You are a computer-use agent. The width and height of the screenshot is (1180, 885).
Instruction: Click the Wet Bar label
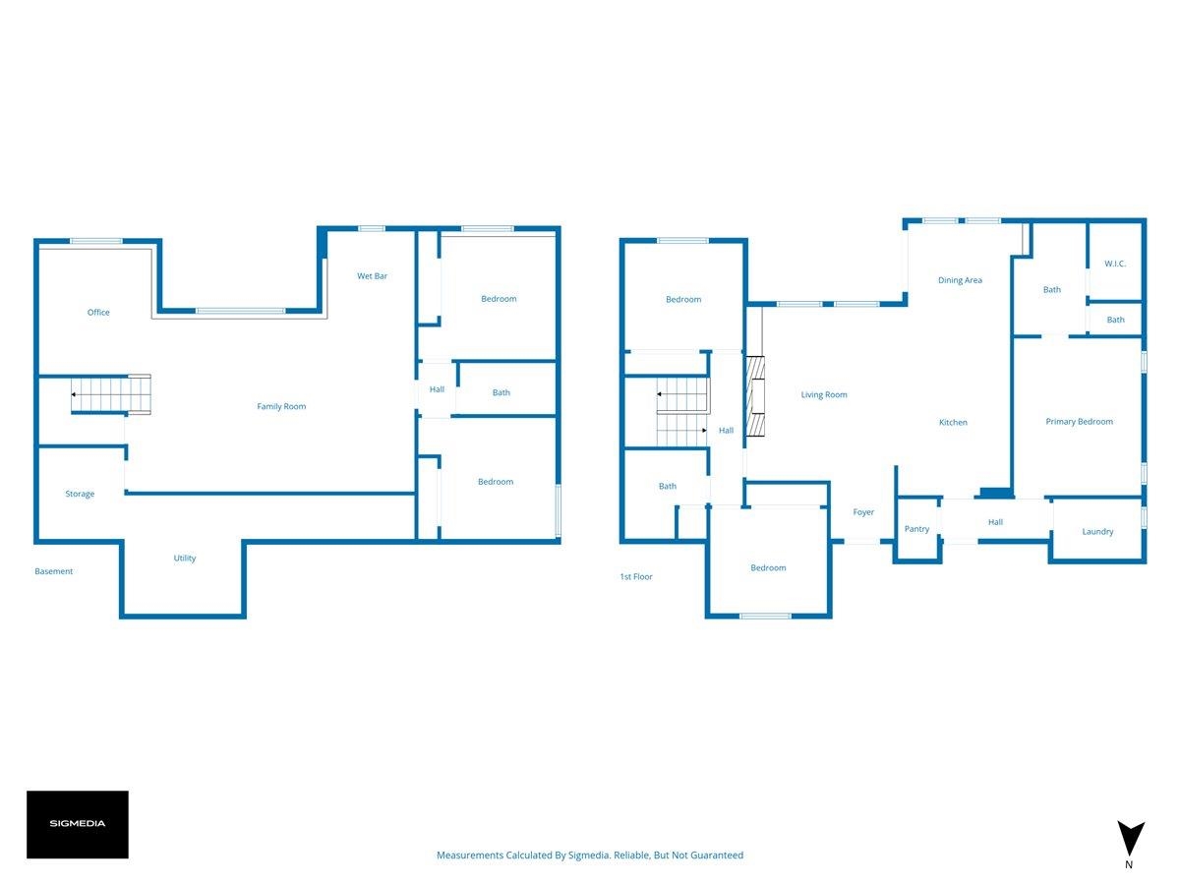[x=372, y=275]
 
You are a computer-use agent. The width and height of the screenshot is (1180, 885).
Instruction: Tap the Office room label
[x=98, y=312]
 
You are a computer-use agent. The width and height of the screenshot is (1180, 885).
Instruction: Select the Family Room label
[x=281, y=406]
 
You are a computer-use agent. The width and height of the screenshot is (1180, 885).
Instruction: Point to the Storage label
[x=80, y=494]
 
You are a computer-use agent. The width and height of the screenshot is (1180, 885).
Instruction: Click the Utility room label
[x=185, y=558]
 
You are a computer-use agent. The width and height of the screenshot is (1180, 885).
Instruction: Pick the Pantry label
[x=916, y=529]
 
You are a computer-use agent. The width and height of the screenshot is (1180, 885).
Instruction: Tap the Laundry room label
[x=1097, y=531]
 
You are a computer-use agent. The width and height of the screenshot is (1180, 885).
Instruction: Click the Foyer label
[x=863, y=512]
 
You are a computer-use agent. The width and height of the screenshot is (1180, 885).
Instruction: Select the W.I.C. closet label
[x=1115, y=264]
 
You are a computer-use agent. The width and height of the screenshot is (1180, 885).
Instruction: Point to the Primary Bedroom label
[x=1079, y=421]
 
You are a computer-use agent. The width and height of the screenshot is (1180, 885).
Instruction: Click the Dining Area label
[x=960, y=280]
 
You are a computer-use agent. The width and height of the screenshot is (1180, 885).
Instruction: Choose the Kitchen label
[x=953, y=423]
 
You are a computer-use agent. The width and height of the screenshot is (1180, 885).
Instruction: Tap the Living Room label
[x=824, y=394]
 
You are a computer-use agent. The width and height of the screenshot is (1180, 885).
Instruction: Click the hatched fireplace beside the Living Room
[x=755, y=395]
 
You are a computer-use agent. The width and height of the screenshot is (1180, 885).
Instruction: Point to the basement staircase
[x=111, y=394]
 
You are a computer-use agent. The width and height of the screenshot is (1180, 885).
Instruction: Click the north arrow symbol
[x=1131, y=838]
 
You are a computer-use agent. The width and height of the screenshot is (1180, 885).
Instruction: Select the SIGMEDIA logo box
[x=78, y=824]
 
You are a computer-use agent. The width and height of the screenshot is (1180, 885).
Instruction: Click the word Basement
[x=54, y=571]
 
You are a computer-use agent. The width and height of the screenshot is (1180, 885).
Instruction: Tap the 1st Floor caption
[x=636, y=576]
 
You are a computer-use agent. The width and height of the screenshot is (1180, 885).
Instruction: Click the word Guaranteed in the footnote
[x=717, y=855]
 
